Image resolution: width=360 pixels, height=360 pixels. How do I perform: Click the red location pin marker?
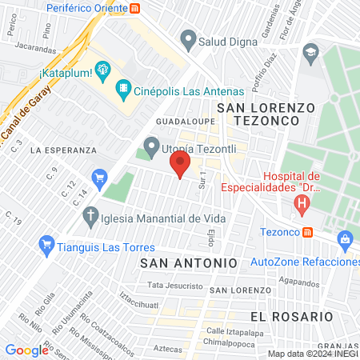click(180, 165)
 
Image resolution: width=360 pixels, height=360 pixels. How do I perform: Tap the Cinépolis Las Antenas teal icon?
click(123, 86)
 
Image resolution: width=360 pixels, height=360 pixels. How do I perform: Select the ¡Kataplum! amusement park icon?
click(102, 70)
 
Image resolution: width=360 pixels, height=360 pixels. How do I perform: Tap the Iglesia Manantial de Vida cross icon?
click(91, 215)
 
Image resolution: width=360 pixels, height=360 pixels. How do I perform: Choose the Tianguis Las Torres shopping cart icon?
click(46, 245)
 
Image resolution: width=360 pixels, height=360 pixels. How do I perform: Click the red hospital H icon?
click(302, 203)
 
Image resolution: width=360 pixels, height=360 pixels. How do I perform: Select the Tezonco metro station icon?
click(307, 232)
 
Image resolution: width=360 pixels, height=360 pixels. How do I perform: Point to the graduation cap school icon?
click(309, 54)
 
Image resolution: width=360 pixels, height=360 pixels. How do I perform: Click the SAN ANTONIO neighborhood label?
click(189, 262)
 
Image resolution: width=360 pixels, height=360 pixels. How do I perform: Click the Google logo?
click(27, 350)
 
